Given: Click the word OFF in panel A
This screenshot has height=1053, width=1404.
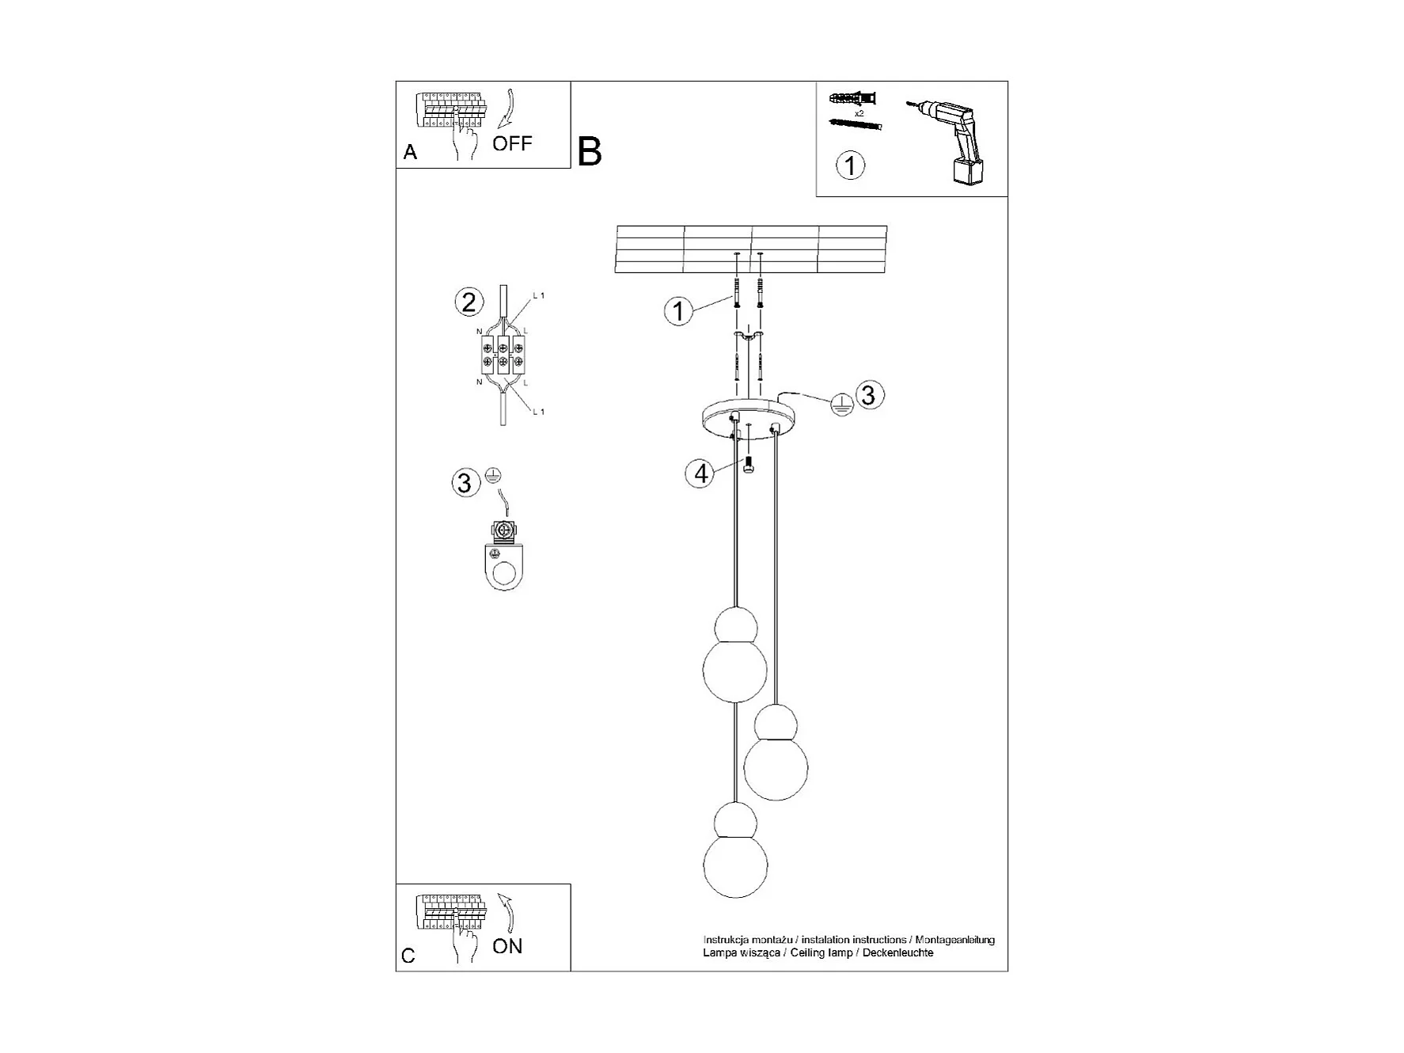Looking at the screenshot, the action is pyautogui.click(x=512, y=144).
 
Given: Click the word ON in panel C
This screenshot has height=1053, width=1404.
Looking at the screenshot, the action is pyautogui.click(x=507, y=946).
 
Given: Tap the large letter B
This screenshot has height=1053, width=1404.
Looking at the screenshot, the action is pyautogui.click(x=590, y=151).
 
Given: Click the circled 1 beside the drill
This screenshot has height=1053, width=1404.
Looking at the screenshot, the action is pyautogui.click(x=851, y=166).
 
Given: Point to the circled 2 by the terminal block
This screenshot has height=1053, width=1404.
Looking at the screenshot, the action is pyautogui.click(x=469, y=302).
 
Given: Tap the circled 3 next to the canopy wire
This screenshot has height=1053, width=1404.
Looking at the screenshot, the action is pyautogui.click(x=869, y=394).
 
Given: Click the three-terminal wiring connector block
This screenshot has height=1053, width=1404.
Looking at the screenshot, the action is pyautogui.click(x=503, y=354).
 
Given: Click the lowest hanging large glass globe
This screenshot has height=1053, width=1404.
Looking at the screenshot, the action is pyautogui.click(x=736, y=865).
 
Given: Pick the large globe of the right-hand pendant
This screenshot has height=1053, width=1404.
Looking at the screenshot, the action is pyautogui.click(x=776, y=767).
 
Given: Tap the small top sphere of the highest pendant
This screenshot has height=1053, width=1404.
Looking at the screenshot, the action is pyautogui.click(x=735, y=626).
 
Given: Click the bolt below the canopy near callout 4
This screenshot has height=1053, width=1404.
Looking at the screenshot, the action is pyautogui.click(x=748, y=465).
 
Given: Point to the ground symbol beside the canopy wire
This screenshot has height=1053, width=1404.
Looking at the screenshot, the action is pyautogui.click(x=842, y=406).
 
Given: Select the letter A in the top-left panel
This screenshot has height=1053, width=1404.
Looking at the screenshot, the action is pyautogui.click(x=410, y=152).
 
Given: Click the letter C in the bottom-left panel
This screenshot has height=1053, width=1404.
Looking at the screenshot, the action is pyautogui.click(x=408, y=956).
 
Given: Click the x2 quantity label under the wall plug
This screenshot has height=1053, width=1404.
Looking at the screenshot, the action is pyautogui.click(x=859, y=113).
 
